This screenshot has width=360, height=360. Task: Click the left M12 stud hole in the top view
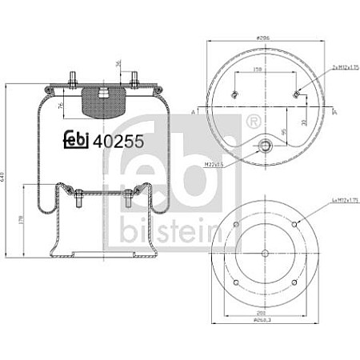234,96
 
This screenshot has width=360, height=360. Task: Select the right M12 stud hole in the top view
297,96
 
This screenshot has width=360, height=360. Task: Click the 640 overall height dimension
9,177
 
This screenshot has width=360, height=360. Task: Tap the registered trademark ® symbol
253,122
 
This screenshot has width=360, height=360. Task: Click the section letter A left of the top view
194,111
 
